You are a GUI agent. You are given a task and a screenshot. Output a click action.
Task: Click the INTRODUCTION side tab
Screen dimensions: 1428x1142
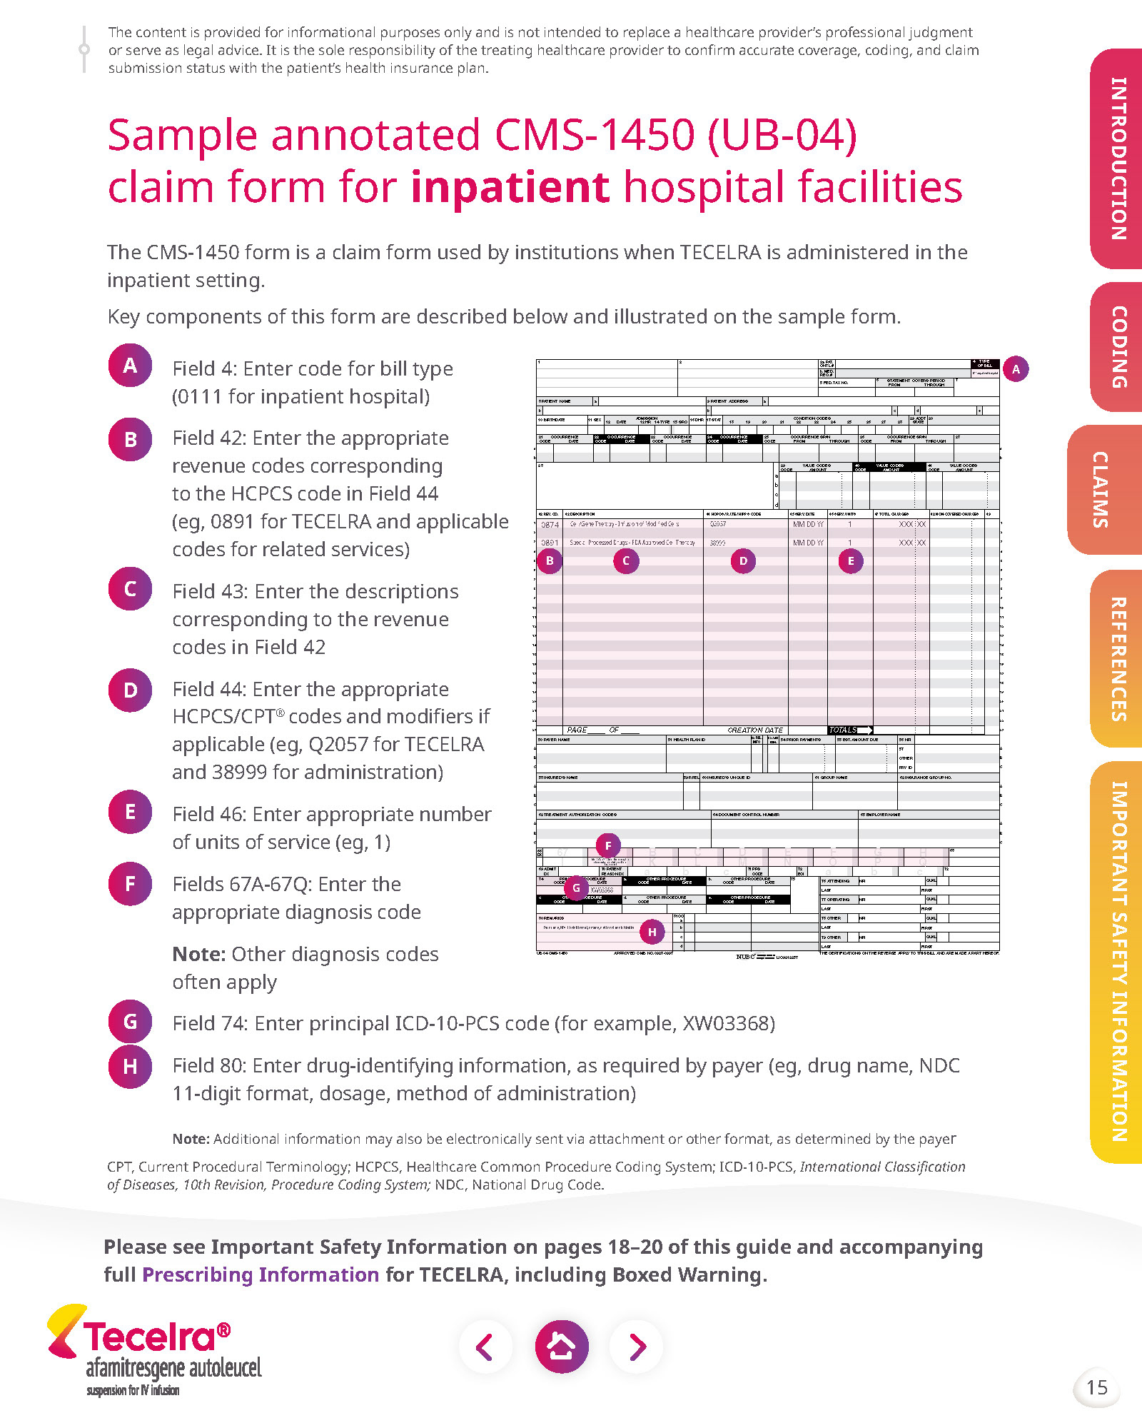click(1118, 159)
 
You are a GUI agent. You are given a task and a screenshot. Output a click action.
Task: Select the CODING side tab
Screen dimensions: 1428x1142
click(1118, 347)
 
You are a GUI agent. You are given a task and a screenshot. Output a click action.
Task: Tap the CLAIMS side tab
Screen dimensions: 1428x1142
click(1102, 490)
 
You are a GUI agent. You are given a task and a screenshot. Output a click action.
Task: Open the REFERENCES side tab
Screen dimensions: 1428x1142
click(1118, 658)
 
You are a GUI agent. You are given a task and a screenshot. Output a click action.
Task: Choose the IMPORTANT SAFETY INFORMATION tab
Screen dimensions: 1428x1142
click(1118, 961)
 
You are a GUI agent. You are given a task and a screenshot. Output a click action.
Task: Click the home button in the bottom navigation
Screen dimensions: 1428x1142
click(562, 1347)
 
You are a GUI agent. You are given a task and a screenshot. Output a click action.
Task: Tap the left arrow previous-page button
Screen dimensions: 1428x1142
click(485, 1347)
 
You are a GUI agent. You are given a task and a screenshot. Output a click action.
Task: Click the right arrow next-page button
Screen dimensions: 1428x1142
click(637, 1347)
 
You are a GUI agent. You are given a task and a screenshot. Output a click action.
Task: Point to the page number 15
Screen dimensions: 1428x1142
click(1096, 1387)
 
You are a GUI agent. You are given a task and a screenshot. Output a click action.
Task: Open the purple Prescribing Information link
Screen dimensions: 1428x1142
click(261, 1274)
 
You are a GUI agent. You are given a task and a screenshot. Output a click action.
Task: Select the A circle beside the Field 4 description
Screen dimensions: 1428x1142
click(130, 366)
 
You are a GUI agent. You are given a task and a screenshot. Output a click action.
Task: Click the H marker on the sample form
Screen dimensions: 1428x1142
click(652, 932)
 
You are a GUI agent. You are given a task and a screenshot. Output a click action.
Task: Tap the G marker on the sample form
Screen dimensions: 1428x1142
click(576, 888)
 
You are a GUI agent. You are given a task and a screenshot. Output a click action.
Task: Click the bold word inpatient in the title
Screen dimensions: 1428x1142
click(510, 187)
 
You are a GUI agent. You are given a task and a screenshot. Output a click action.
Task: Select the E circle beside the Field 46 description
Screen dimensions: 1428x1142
click(130, 812)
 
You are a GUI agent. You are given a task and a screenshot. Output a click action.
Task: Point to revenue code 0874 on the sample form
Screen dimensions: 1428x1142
click(550, 525)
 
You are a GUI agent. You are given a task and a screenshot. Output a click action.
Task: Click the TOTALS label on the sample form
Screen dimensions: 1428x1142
click(843, 730)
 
